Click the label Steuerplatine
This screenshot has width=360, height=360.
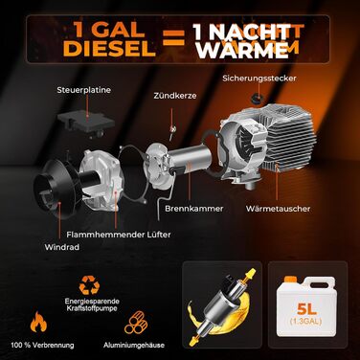click(x=84, y=90)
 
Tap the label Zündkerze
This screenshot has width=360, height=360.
click(x=175, y=96)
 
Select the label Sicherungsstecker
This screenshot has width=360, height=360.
click(x=259, y=79)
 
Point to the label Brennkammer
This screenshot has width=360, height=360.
click(x=194, y=209)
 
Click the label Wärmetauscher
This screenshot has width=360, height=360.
click(x=278, y=209)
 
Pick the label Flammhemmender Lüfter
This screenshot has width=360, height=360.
click(x=119, y=235)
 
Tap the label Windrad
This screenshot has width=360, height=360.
click(x=62, y=247)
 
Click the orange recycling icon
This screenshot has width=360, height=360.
click(x=89, y=285)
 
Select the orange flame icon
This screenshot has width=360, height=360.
click(x=38, y=322)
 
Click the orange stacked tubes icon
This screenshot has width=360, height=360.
click(x=136, y=323)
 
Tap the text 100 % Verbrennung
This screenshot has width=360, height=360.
click(x=42, y=345)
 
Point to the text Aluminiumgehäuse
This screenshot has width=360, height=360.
click(x=134, y=345)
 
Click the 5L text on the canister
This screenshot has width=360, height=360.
click(x=306, y=308)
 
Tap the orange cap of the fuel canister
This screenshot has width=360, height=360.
click(x=290, y=280)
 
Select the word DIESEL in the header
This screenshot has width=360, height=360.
click(x=110, y=48)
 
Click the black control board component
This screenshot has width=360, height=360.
click(x=85, y=124)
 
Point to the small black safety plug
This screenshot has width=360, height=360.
click(x=257, y=99)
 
